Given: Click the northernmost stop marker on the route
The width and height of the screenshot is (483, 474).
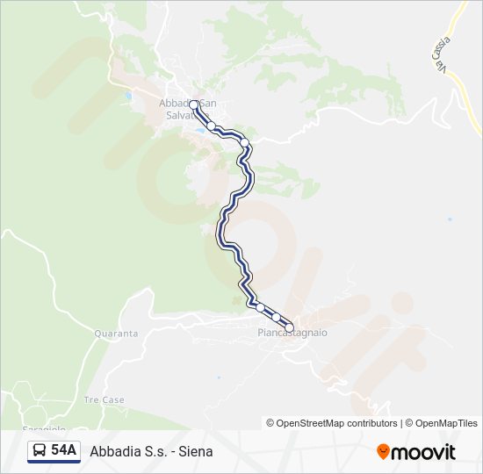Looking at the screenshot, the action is point(194,104).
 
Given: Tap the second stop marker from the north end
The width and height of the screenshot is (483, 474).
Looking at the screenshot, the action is point(212,126).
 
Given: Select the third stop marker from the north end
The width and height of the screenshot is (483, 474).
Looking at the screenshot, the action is point(245,143).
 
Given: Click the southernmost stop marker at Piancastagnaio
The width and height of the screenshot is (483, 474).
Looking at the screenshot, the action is point(289,328).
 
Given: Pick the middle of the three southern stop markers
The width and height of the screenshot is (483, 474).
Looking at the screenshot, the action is point(276,317).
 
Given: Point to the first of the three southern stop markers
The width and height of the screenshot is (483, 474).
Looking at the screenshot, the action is point(260,306).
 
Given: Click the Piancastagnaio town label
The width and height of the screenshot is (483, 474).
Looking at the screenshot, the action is point(292,334).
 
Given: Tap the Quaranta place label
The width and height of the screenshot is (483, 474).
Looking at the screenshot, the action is point(116,334).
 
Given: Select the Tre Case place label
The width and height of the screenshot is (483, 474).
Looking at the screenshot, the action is point(104,400).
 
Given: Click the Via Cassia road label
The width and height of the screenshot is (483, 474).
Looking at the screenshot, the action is point(441,54).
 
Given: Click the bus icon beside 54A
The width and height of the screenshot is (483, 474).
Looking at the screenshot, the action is point(40,451).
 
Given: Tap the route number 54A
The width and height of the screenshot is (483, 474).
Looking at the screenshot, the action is point(63,451).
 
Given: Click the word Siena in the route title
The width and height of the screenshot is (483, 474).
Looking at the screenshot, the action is point(196,451).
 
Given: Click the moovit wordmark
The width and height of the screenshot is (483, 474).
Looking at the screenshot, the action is point(423,452).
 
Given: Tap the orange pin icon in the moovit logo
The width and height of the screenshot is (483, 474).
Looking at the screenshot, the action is point(383,452).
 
